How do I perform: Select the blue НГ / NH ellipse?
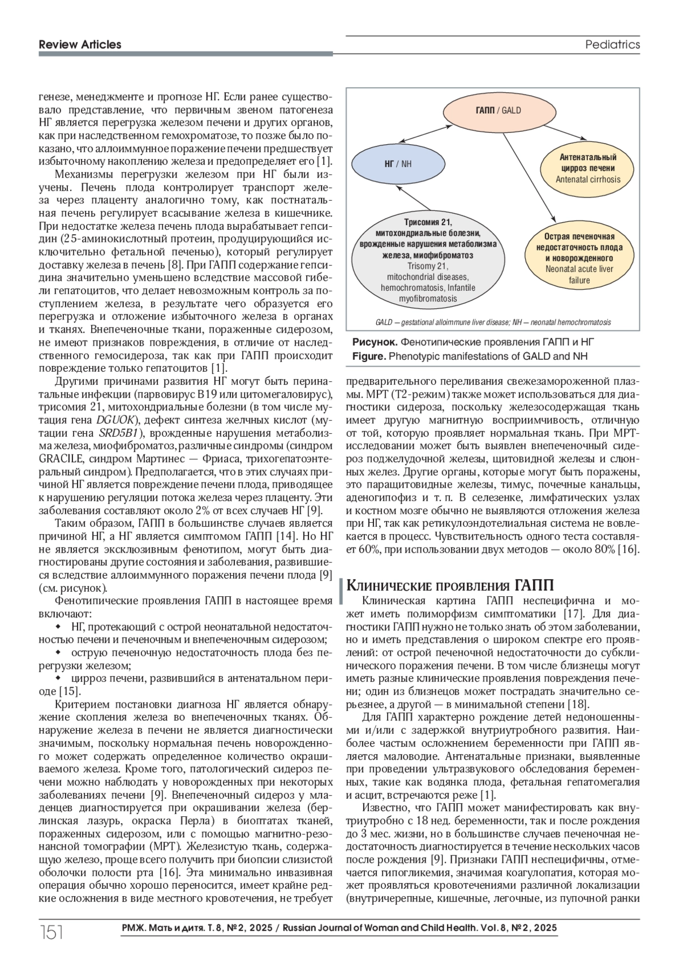(x=398, y=164)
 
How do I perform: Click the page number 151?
(x=50, y=931)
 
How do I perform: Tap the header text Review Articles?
(x=80, y=44)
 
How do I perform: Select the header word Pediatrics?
(x=612, y=44)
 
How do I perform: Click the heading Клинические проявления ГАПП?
(x=449, y=584)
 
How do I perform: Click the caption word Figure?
(x=369, y=356)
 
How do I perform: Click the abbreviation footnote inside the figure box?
(x=492, y=322)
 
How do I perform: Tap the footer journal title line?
(x=339, y=928)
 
